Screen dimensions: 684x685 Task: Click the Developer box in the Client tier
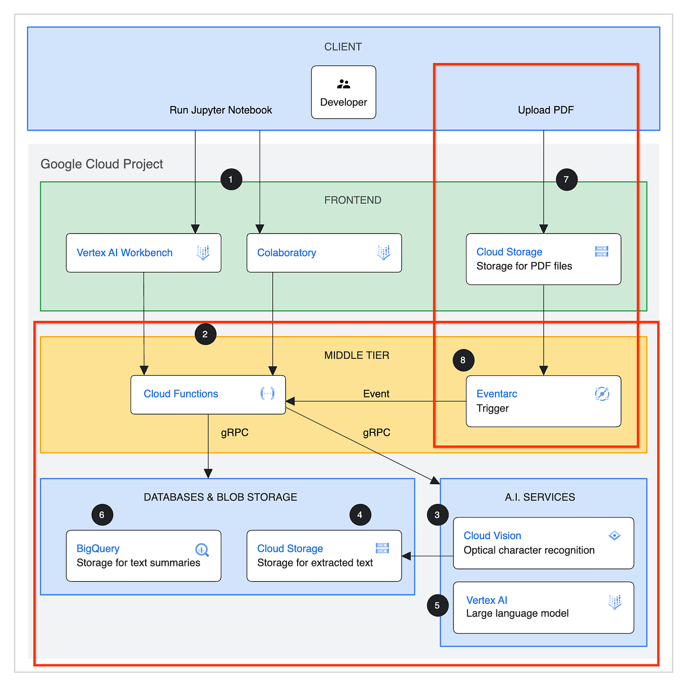pyautogui.click(x=343, y=92)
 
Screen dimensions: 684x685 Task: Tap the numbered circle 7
pyautogui.click(x=566, y=180)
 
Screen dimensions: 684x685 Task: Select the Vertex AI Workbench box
pyautogui.click(x=143, y=253)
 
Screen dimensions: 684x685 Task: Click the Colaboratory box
pyautogui.click(x=324, y=253)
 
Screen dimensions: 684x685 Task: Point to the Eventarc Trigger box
pyautogui.click(x=543, y=401)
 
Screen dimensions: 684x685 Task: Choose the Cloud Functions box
pyautogui.click(x=208, y=394)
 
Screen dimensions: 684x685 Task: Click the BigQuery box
pyautogui.click(x=143, y=555)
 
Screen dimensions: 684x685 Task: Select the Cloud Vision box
pyautogui.click(x=543, y=543)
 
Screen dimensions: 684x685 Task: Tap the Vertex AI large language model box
pyautogui.click(x=543, y=607)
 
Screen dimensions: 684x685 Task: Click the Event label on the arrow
pyautogui.click(x=376, y=393)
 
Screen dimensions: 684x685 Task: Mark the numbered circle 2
pyautogui.click(x=205, y=334)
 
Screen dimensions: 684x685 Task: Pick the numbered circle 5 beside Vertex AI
pyautogui.click(x=437, y=605)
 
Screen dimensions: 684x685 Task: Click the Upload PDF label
pyautogui.click(x=545, y=110)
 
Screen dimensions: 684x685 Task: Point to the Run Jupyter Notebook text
pyautogui.click(x=220, y=110)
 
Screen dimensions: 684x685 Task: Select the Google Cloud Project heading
pyautogui.click(x=101, y=164)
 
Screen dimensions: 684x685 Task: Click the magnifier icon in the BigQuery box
pyautogui.click(x=202, y=550)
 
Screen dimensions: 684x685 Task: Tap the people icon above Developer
pyautogui.click(x=344, y=84)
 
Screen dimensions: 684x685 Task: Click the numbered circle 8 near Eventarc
pyautogui.click(x=463, y=360)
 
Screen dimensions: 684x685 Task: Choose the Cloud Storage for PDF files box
pyautogui.click(x=543, y=259)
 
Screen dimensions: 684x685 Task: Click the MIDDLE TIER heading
pyautogui.click(x=356, y=355)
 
